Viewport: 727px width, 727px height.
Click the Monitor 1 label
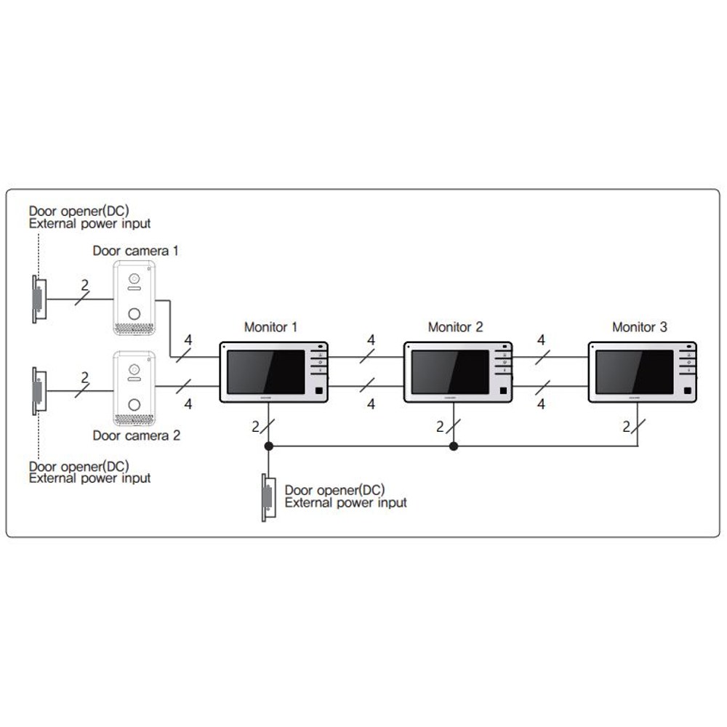tap(270, 327)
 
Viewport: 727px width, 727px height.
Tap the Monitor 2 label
tap(455, 327)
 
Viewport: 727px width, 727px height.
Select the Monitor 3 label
tap(639, 327)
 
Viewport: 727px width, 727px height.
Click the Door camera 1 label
tap(135, 251)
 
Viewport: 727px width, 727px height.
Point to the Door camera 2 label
tap(137, 435)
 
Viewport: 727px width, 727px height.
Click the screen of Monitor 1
tap(265, 371)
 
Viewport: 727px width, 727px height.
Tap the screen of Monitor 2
tap(450, 371)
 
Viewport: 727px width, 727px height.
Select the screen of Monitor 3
tap(634, 371)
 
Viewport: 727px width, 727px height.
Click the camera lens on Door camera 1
tap(134, 279)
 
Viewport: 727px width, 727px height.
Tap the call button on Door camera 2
tap(134, 405)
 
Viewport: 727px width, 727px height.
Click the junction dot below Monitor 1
tap(268, 446)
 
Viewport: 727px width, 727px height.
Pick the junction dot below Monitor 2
tap(454, 446)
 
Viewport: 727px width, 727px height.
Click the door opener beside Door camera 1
tap(39, 299)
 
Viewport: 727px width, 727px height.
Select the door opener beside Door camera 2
tap(39, 391)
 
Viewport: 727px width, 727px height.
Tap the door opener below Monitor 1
tap(268, 497)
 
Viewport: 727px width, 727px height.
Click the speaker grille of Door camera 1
tap(134, 328)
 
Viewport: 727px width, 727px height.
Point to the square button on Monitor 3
tap(688, 390)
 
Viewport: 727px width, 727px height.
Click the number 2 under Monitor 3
tap(627, 427)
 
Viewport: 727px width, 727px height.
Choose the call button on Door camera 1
tap(134, 314)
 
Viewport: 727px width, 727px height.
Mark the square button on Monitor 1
tap(319, 390)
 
